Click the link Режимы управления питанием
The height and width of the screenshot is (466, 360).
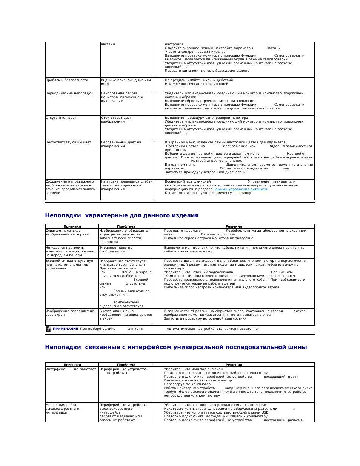(240, 189)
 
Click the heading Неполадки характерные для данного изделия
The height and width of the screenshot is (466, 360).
(122, 215)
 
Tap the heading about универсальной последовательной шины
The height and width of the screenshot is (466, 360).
(176, 347)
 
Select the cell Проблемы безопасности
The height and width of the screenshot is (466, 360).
(67, 80)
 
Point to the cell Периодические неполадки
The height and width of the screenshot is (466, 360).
(69, 93)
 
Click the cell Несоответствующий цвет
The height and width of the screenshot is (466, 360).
(68, 142)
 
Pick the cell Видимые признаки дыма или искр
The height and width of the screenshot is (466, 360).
(126, 82)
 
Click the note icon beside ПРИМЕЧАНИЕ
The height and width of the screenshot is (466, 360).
(48, 329)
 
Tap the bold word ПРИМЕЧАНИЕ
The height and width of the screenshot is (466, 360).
(65, 329)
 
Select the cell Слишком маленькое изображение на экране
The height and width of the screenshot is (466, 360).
(67, 232)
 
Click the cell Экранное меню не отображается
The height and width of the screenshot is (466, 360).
(116, 249)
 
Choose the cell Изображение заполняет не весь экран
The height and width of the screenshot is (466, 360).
(70, 313)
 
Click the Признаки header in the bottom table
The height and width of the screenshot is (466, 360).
(72, 365)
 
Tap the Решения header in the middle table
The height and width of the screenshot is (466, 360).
(234, 226)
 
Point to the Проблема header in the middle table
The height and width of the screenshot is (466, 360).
(126, 226)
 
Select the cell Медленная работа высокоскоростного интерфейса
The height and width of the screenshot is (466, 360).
(62, 409)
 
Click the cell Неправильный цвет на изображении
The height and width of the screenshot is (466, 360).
(121, 144)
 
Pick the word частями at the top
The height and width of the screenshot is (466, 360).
(108, 44)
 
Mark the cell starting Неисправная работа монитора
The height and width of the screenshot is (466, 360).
(122, 97)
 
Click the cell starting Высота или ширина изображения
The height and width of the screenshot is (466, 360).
(125, 315)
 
